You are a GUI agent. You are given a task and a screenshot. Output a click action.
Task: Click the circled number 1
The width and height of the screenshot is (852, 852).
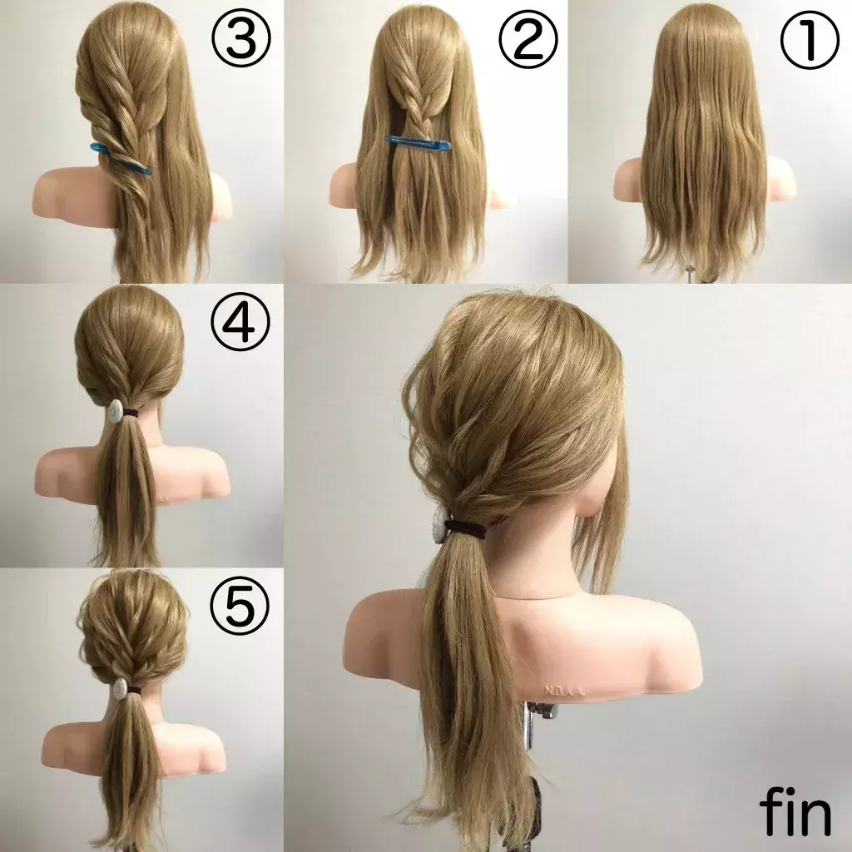809,42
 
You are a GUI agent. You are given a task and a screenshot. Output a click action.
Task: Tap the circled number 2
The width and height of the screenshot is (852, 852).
528,42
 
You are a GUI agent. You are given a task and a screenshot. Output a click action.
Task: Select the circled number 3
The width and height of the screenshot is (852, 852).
241,42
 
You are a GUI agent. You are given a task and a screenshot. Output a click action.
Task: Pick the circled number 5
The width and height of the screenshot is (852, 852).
240,605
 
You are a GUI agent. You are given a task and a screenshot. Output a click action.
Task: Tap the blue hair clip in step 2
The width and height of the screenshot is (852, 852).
419,143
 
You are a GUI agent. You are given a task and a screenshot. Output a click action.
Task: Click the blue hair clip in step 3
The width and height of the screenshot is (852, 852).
121,158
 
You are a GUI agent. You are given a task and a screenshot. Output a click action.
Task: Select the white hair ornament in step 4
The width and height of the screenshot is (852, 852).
115,410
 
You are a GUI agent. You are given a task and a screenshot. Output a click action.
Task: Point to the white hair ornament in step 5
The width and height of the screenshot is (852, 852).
120,688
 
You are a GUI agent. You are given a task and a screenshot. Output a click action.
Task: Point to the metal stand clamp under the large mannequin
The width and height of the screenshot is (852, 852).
542,710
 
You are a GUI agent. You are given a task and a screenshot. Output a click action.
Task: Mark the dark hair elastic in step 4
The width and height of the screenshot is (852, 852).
131,414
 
